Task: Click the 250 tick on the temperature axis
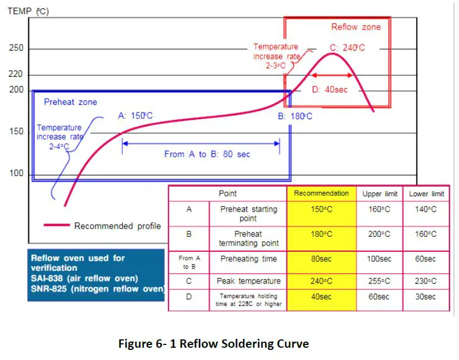16,48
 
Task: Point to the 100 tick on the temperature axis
16,173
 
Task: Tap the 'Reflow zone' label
356,27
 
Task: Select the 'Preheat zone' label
70,102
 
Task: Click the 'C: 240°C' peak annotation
347,48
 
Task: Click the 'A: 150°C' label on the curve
135,116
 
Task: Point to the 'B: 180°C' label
295,116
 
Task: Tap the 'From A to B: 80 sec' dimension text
207,154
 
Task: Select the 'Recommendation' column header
321,193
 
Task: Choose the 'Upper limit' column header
380,194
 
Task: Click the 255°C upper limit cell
380,281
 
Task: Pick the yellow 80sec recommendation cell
321,259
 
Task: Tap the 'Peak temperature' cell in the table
248,281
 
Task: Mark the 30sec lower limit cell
426,297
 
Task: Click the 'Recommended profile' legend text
117,226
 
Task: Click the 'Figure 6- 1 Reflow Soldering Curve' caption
213,343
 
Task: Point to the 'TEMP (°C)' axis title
28,11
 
